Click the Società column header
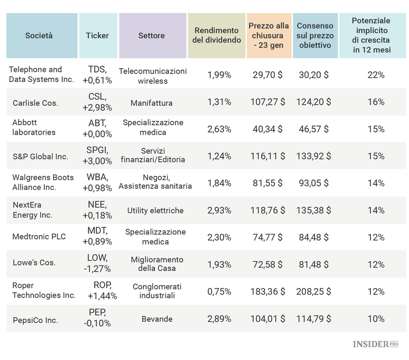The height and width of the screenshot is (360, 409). point(39,35)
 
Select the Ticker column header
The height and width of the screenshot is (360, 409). point(98,35)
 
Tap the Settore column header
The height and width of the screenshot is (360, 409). point(152,35)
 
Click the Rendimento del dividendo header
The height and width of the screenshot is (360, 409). point(216,35)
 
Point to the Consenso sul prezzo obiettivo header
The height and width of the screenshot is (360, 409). point(315,35)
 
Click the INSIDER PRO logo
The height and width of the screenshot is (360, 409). point(375,344)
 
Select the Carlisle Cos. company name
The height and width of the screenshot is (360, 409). point(35,103)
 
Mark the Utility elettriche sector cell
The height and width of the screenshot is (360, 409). point(155,211)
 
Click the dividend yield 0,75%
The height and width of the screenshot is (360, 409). point(219,292)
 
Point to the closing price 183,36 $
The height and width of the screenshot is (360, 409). point(268,292)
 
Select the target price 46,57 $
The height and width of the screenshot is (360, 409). point(314,129)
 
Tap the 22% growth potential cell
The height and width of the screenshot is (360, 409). point(376,75)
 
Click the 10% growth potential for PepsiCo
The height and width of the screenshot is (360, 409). point(376,319)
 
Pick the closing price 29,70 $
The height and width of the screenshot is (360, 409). point(268,75)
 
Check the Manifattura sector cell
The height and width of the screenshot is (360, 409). point(152,103)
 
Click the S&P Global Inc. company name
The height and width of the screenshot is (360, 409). point(40,157)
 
